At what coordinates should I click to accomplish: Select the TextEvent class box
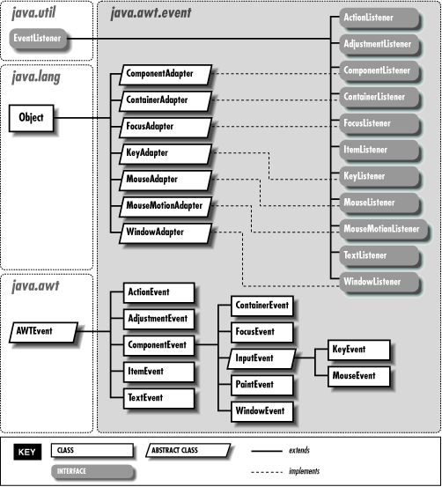coord(146,397)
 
